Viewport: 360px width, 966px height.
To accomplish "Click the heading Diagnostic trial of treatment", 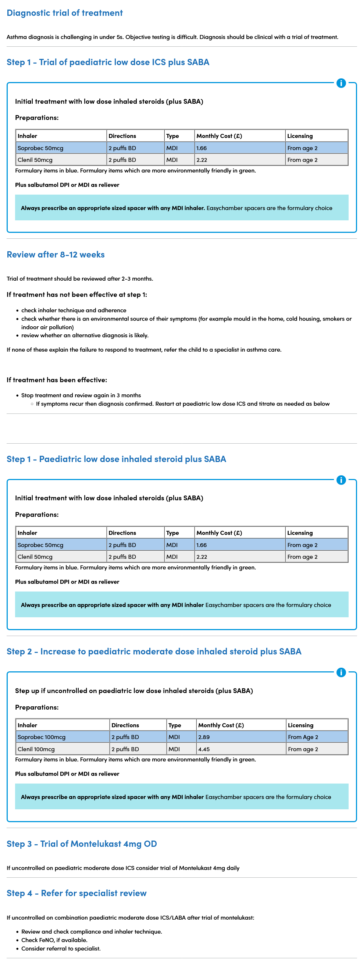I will click(x=64, y=13).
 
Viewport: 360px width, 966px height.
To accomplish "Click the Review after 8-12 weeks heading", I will click(x=56, y=255).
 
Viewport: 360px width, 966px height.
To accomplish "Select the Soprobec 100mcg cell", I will click(x=41, y=737).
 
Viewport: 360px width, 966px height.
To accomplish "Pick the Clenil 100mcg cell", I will click(x=36, y=749).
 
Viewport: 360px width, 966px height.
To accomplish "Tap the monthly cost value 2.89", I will click(x=204, y=737).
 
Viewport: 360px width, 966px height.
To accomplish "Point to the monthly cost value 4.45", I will click(x=204, y=749).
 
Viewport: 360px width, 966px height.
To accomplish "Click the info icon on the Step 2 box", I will click(x=341, y=672).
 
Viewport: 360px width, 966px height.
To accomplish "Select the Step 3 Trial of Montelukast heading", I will click(x=82, y=844).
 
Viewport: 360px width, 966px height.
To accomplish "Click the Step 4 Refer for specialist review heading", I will click(x=76, y=893).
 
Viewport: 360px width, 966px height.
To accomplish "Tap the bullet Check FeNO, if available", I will click(x=54, y=940).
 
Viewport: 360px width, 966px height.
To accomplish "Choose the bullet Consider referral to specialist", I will click(x=61, y=948).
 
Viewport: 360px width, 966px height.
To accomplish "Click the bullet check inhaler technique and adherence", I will click(x=74, y=310).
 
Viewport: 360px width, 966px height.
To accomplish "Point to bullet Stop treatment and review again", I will click(x=81, y=395).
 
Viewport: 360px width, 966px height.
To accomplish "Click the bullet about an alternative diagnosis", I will click(x=85, y=335).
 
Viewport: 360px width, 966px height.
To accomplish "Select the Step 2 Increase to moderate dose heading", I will click(x=154, y=651).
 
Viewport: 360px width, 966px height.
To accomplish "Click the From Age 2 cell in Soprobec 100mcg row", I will click(x=303, y=737).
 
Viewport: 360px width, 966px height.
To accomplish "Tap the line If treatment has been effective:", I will click(x=57, y=380).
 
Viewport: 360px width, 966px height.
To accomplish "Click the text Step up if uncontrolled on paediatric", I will click(x=134, y=690).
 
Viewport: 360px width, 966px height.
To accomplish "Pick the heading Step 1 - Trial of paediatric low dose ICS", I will click(x=108, y=62).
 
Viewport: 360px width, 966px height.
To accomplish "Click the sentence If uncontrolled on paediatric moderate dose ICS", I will click(x=123, y=868).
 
